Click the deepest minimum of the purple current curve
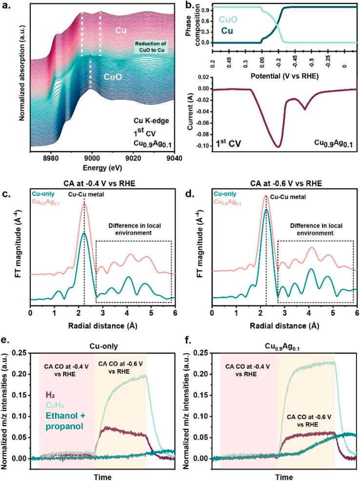point(278,146)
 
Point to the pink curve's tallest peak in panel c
point(84,204)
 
